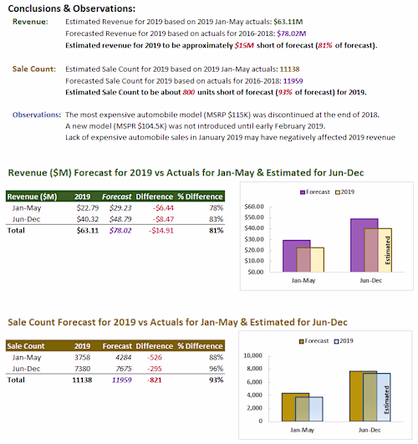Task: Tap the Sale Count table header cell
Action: tap(27, 345)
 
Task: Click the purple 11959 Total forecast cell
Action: tap(116, 379)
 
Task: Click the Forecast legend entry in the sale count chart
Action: tap(313, 341)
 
